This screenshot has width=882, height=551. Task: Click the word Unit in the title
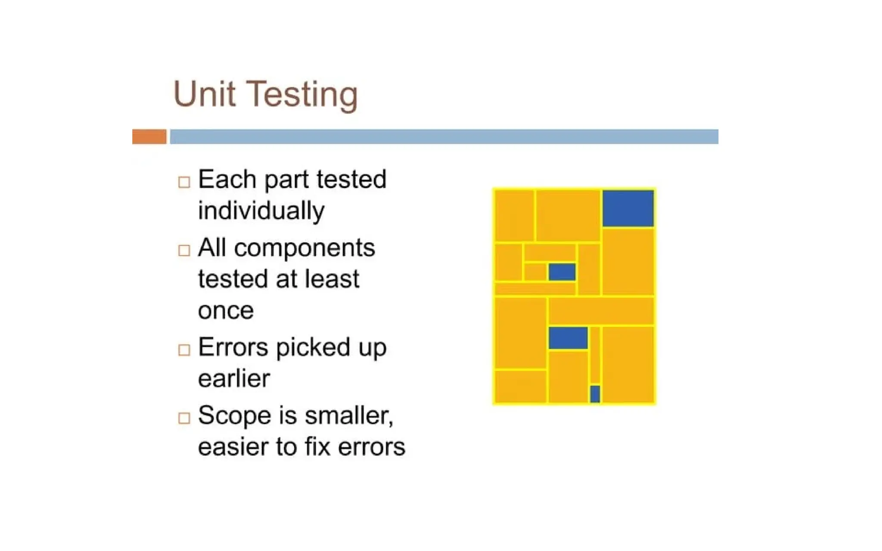[204, 94]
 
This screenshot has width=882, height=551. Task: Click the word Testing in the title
[303, 96]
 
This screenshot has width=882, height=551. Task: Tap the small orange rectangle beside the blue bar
[149, 136]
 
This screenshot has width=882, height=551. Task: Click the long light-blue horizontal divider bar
[444, 136]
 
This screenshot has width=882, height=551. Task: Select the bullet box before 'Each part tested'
[184, 182]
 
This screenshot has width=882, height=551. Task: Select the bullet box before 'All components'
[184, 250]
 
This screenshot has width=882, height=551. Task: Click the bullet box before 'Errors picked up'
[184, 350]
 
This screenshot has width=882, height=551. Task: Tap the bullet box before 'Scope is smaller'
[184, 418]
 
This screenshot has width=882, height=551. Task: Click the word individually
[261, 211]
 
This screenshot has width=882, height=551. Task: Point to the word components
[304, 248]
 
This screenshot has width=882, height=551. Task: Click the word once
[226, 311]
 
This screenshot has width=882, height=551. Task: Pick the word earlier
[234, 379]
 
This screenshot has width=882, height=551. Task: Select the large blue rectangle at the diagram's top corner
[627, 208]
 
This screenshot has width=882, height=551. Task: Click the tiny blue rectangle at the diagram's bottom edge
[595, 394]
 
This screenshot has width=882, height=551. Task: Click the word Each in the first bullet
[227, 180]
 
